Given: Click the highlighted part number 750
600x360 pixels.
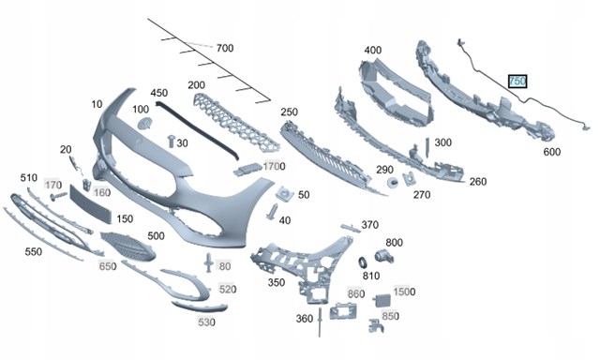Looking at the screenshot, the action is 517,81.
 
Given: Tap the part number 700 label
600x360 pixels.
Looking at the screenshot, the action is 225,48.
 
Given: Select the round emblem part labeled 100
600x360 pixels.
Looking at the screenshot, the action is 144,124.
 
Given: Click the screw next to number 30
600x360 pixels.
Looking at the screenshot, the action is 171,142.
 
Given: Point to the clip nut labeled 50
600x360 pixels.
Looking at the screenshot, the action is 285,194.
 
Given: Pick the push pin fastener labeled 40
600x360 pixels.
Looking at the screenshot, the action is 273,212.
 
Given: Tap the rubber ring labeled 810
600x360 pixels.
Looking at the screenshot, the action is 362,262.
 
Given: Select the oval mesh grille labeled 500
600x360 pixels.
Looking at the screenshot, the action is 128,246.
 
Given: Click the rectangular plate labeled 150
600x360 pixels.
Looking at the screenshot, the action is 91,203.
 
